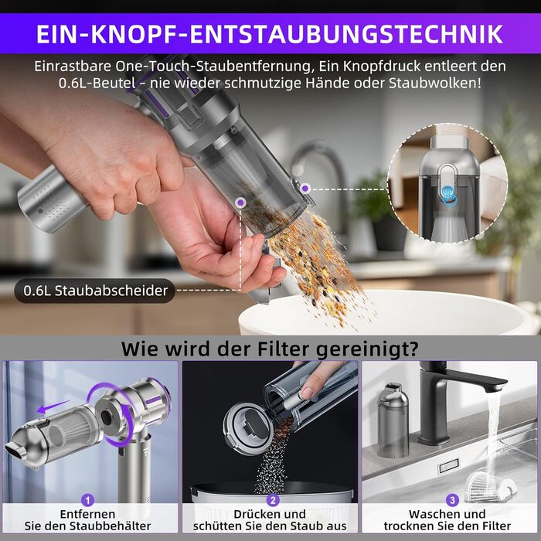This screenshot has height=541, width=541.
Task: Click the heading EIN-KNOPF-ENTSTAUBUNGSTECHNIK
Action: (270, 34)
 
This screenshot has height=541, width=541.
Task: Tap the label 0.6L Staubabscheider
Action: (95, 291)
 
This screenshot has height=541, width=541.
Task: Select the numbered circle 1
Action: (87, 500)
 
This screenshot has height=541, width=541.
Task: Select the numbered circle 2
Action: (273, 500)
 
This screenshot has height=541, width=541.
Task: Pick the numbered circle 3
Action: (452, 500)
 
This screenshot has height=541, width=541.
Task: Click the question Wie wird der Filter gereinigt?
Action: (270, 349)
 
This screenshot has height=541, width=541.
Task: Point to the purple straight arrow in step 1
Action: (53, 406)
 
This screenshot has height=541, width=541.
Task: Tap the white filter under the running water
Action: (490, 486)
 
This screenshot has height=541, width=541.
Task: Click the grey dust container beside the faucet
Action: (393, 420)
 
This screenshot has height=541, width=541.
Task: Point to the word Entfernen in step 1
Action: (87, 514)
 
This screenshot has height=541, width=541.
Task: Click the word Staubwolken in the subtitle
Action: (434, 83)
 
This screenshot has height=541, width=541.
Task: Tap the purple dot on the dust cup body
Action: (240, 202)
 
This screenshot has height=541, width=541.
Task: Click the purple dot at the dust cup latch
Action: (305, 189)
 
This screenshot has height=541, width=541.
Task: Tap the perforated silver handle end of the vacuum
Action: (52, 200)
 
